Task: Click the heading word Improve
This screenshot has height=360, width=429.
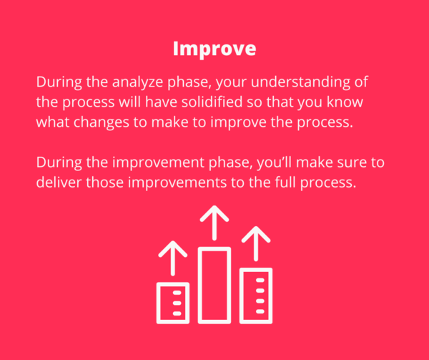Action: coord(214,49)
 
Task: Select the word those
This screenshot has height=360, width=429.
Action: coord(104,183)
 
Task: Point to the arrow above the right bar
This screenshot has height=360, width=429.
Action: coord(255,243)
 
